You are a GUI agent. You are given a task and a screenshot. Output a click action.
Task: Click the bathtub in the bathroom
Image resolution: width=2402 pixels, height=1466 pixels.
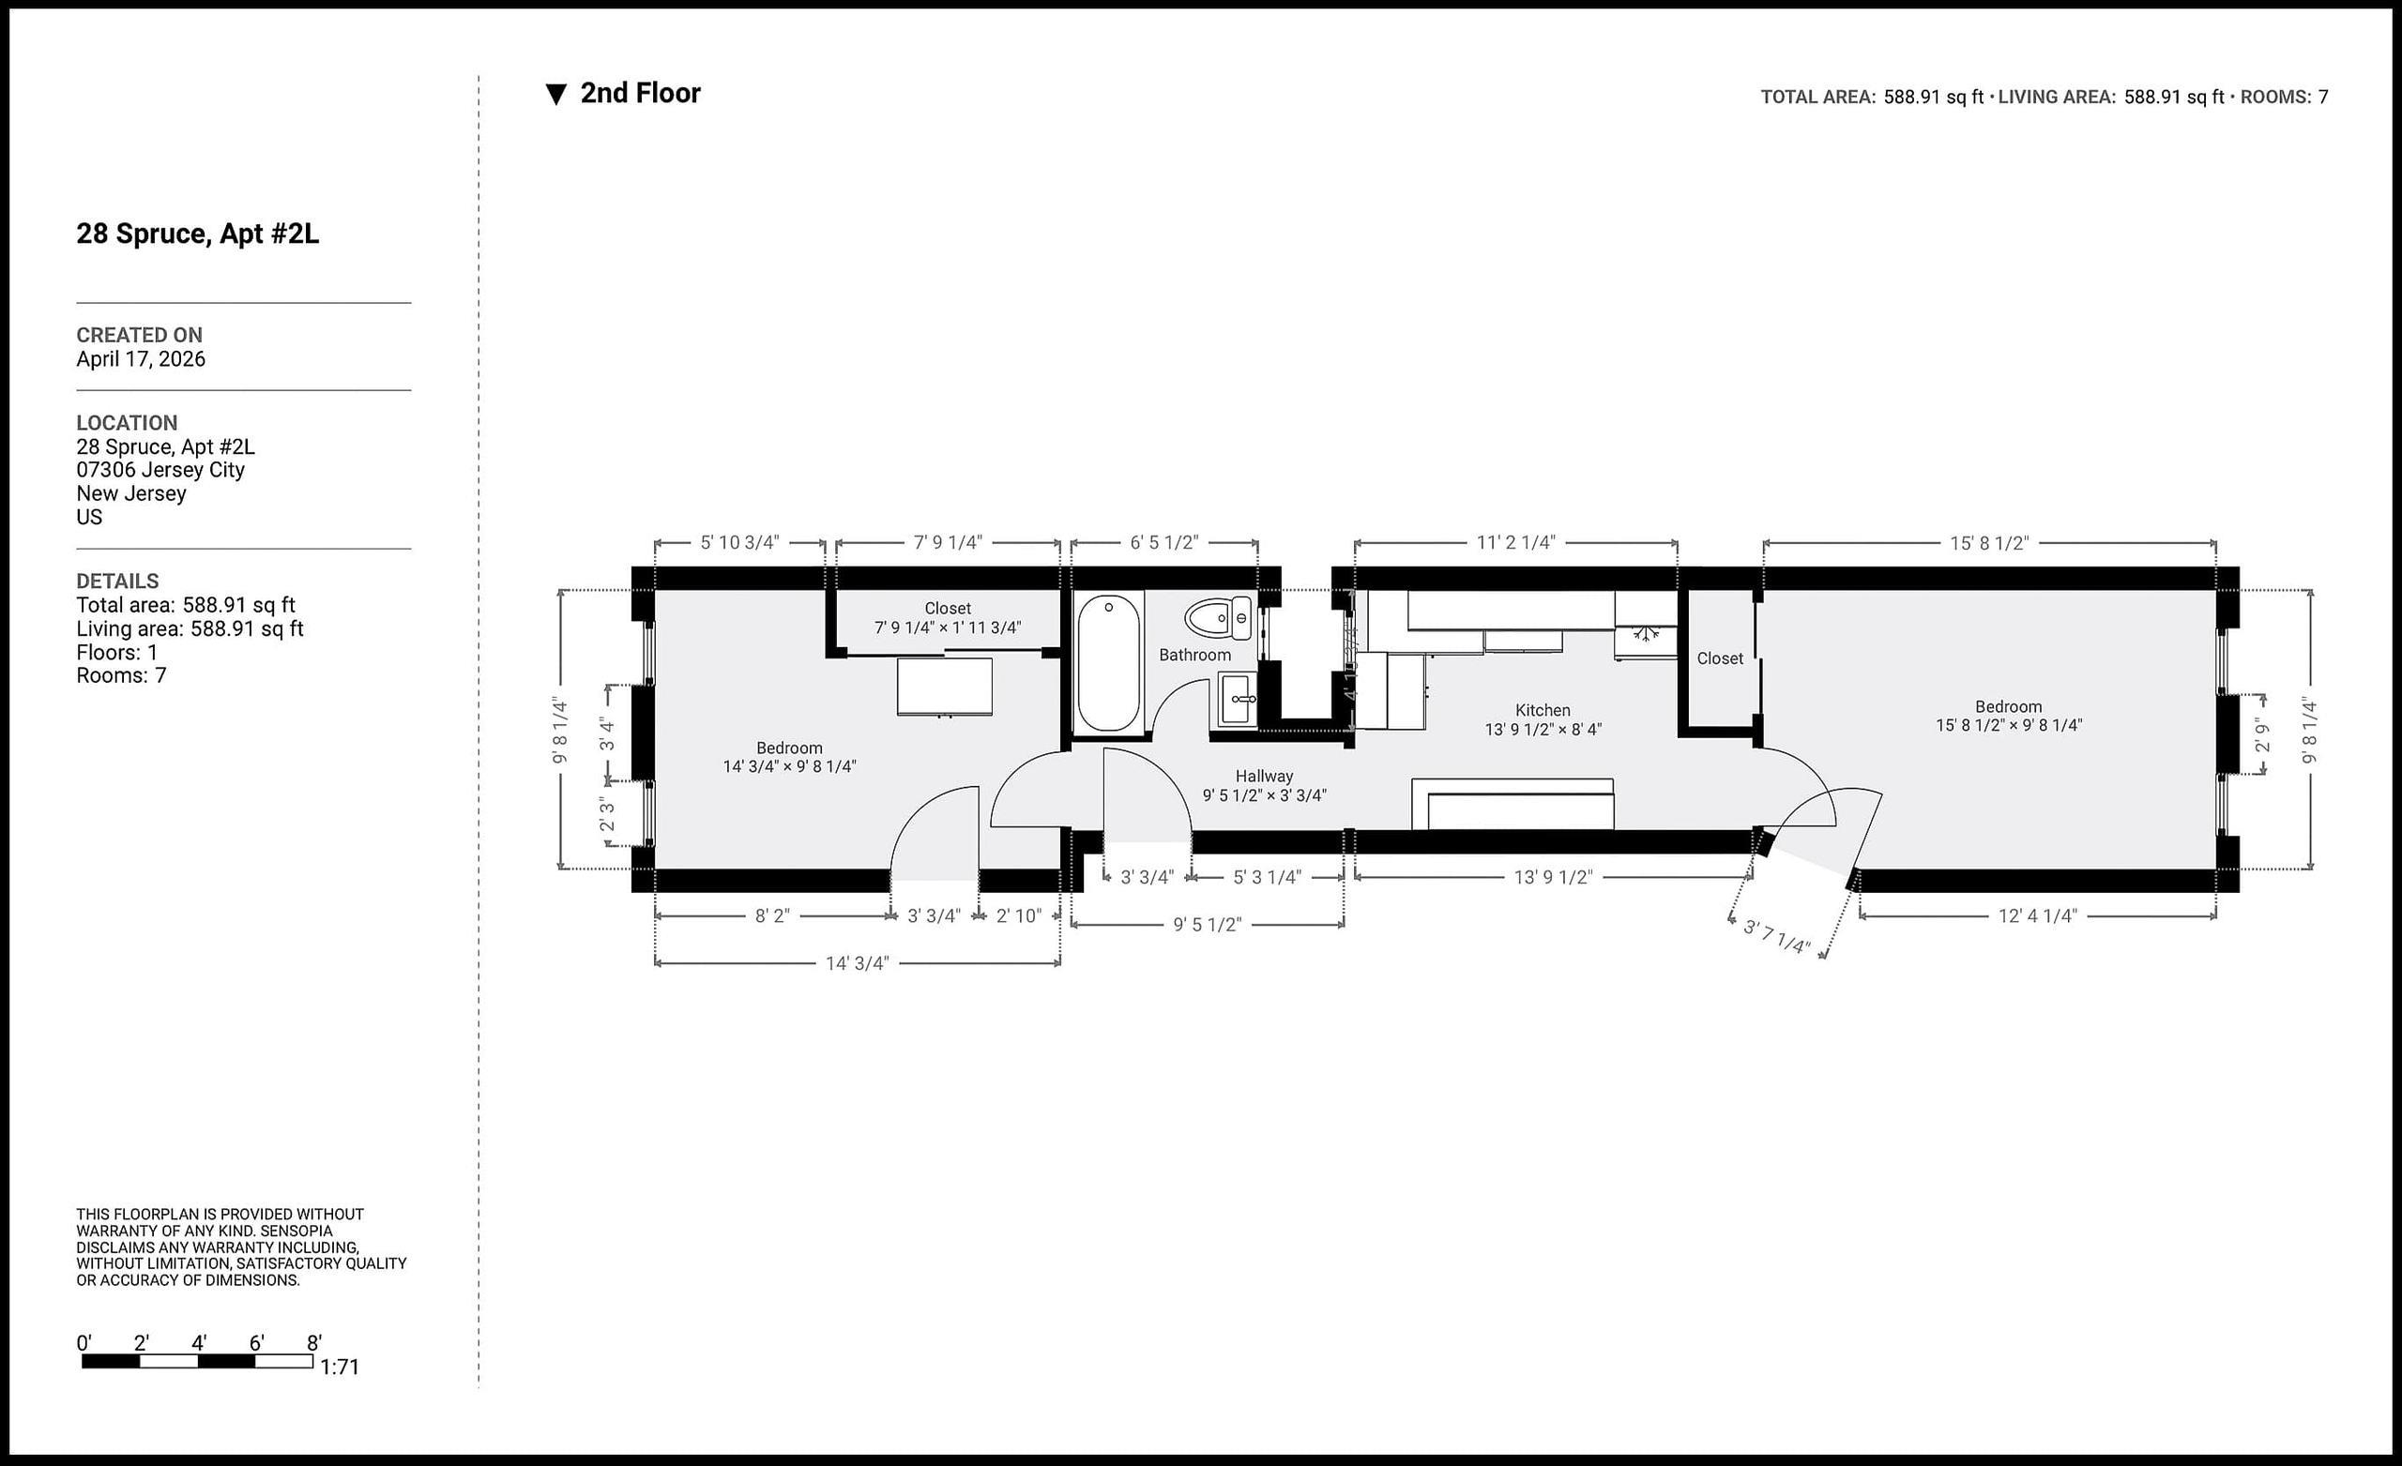point(1108,662)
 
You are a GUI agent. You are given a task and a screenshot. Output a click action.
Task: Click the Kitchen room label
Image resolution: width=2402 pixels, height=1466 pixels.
point(1543,711)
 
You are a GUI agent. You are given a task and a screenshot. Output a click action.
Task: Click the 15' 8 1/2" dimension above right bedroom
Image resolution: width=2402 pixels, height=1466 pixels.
point(1988,543)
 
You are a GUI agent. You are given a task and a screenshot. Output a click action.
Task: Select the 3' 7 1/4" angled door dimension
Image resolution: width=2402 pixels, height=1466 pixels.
point(1776,937)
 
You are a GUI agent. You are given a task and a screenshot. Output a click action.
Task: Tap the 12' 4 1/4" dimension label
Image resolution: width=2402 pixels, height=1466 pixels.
point(2037,915)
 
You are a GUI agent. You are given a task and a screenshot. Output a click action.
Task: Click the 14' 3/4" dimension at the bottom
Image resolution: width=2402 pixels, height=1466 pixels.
point(857,963)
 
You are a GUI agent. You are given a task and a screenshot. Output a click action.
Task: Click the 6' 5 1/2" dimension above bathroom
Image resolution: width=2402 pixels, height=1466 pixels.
point(1164,542)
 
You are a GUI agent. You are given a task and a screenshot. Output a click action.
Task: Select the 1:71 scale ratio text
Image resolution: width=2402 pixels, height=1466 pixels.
point(340,1367)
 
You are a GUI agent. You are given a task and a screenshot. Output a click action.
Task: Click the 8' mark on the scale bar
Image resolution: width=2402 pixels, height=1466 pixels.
point(314,1343)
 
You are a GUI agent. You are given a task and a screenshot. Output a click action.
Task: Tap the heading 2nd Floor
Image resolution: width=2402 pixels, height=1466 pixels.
point(640,94)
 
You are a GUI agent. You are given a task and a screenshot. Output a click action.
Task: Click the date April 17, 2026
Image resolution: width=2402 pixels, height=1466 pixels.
point(141,358)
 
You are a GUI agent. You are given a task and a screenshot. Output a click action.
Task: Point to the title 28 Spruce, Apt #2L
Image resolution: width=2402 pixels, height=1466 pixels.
point(197,234)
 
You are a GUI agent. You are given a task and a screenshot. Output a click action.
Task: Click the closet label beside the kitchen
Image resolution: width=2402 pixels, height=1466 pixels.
point(1720,657)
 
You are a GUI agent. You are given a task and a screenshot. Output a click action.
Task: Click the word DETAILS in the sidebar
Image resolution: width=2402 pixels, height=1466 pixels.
point(117,581)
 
